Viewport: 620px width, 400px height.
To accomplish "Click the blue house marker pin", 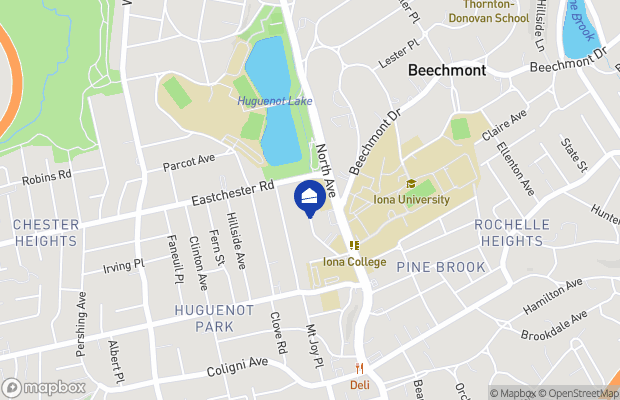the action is [x=309, y=194].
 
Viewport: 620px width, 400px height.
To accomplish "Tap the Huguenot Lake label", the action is [x=275, y=101].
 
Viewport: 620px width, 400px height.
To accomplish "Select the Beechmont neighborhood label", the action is [x=447, y=71].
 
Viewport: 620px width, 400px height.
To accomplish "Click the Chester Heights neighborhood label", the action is [x=45, y=233].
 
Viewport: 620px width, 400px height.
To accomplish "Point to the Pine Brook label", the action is [x=441, y=267].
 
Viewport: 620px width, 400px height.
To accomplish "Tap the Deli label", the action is [x=360, y=384].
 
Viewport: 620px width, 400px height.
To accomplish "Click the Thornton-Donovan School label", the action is [x=489, y=11].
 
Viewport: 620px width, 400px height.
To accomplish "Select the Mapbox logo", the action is [x=44, y=387].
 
